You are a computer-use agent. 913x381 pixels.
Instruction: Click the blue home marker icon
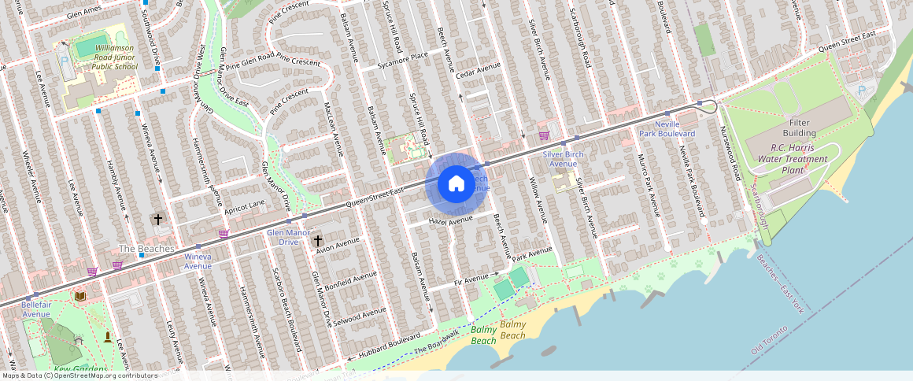[456, 184]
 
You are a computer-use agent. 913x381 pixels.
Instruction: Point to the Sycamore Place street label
[402, 61]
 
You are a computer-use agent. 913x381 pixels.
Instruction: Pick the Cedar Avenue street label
[479, 70]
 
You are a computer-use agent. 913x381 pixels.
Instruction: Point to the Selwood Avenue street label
[359, 316]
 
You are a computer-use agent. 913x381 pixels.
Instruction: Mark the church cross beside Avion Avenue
[318, 240]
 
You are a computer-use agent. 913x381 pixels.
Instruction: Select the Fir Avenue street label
[472, 279]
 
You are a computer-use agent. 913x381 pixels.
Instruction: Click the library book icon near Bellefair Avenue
[79, 296]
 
